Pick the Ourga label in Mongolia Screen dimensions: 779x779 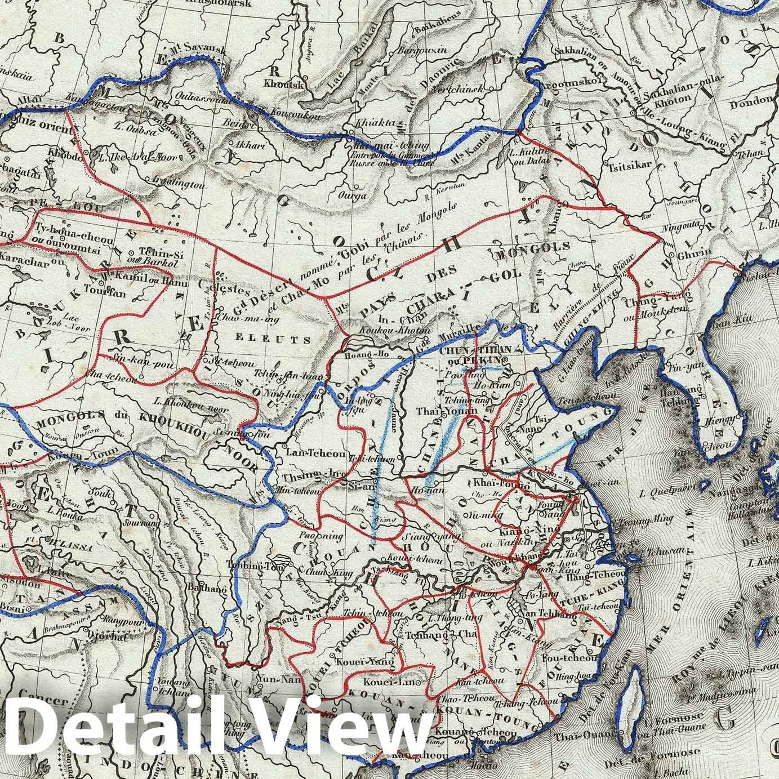(x=367, y=196)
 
